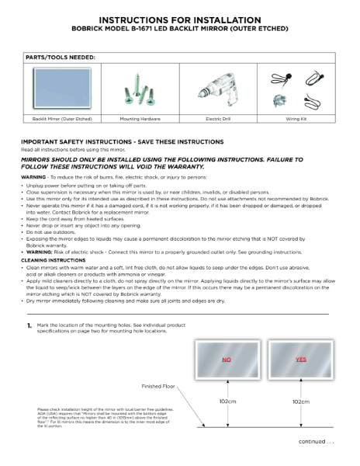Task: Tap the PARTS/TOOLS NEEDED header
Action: coord(61,57)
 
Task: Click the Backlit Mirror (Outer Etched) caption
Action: coord(62,119)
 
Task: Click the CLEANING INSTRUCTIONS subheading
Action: coord(54,260)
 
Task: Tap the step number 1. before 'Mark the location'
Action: coord(29,324)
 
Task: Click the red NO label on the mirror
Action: coord(227,360)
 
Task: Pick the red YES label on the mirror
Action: coord(302,360)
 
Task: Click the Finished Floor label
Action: coord(159,386)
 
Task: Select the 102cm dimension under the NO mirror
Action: coord(227,402)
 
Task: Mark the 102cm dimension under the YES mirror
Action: coord(302,402)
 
